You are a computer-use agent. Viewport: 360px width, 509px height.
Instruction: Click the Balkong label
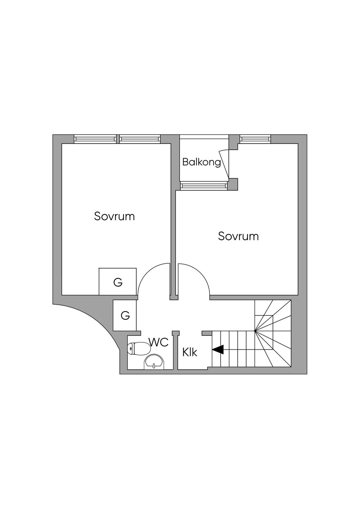tap(201, 163)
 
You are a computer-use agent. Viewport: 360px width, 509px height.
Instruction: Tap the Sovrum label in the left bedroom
tap(114, 216)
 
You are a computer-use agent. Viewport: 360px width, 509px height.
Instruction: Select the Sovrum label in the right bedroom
tap(238, 236)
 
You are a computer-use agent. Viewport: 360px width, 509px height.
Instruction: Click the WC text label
tap(159, 342)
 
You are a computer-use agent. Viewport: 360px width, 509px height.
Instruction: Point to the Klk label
tap(190, 353)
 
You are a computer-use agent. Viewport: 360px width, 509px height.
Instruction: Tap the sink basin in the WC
tap(154, 362)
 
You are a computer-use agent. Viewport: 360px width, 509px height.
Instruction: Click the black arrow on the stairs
tap(218, 349)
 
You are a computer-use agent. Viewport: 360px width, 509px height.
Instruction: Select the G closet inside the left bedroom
tap(118, 282)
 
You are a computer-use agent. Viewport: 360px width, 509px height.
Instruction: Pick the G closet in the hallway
tap(125, 315)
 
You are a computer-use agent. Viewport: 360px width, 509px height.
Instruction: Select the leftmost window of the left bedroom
tap(95, 139)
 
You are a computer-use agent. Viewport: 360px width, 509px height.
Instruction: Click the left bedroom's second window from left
tap(140, 139)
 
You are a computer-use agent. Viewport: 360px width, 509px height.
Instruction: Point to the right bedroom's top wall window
tap(255, 139)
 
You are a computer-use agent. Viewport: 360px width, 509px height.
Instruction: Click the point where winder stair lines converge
tap(255, 331)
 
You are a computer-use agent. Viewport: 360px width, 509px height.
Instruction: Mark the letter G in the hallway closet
tap(125, 315)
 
